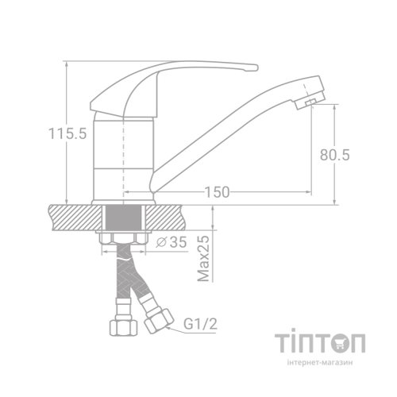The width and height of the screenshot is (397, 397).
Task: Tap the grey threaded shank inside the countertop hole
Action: [122, 217]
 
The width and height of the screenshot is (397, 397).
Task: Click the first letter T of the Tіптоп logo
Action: [283, 344]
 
